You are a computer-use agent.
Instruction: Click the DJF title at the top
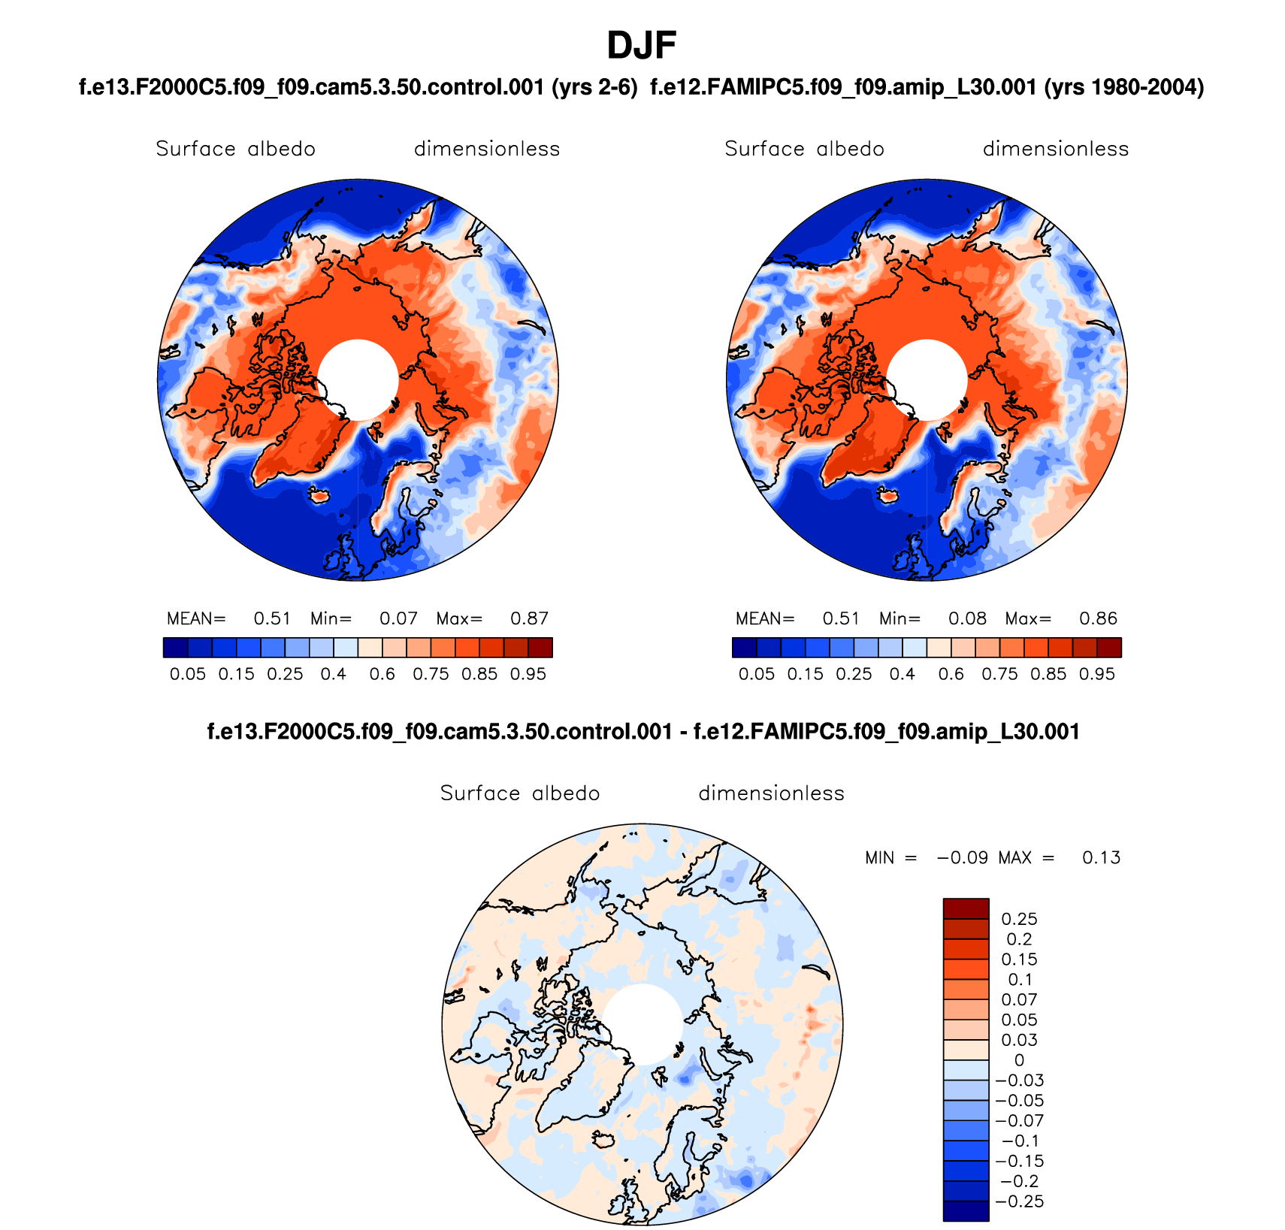tap(641, 46)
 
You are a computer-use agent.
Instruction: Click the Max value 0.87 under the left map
tap(529, 618)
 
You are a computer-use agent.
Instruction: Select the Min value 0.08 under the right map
tap(967, 618)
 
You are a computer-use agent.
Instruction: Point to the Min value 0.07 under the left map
tap(398, 618)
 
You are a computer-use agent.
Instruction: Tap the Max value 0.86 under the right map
tap(1098, 618)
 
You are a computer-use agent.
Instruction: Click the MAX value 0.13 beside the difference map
tap(1101, 858)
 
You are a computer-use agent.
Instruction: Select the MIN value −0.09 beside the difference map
tap(962, 858)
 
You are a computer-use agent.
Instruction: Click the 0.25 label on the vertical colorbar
tap(1019, 919)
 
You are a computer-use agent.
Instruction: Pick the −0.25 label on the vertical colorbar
tap(1020, 1201)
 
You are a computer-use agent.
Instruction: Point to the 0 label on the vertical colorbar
tap(1019, 1060)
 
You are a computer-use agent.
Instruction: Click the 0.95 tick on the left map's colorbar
tap(528, 674)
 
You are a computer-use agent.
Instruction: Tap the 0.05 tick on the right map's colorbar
tap(756, 674)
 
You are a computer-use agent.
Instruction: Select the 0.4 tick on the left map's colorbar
tap(333, 674)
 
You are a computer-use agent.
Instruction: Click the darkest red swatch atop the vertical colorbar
tap(966, 908)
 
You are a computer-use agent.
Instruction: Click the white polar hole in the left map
tap(358, 379)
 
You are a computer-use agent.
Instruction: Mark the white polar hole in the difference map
tap(642, 1024)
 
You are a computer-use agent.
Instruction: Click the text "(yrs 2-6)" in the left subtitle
tap(594, 88)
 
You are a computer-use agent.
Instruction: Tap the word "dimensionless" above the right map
tap(1055, 149)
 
